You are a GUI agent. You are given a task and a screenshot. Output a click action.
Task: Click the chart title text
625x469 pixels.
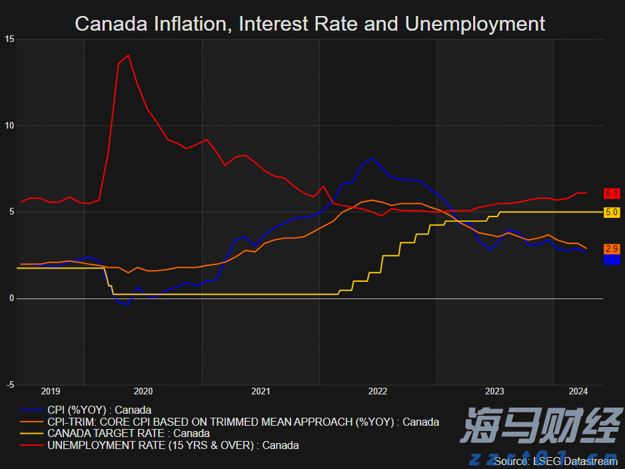310,24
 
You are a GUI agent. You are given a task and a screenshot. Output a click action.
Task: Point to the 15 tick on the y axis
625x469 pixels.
9,39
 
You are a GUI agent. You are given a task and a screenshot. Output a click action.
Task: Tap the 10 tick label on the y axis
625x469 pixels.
9,126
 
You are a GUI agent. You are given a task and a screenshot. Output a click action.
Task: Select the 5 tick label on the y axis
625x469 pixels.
11,213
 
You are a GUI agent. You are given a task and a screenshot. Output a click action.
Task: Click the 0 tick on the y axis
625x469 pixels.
11,298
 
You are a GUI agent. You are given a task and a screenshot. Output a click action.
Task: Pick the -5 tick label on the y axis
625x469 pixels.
9,385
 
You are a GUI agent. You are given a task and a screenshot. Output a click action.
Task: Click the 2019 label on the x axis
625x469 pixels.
51,392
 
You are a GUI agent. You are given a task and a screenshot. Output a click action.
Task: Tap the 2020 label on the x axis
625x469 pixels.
143,392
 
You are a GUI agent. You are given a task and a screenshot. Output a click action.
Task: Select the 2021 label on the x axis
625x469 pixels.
261,392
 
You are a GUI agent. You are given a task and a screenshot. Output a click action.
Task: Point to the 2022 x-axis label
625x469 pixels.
378,392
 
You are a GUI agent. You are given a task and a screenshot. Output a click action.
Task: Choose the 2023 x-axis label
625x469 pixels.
495,392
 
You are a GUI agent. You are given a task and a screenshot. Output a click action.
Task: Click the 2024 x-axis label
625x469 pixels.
578,392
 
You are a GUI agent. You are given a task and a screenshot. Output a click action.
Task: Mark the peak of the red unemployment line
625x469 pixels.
128,55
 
